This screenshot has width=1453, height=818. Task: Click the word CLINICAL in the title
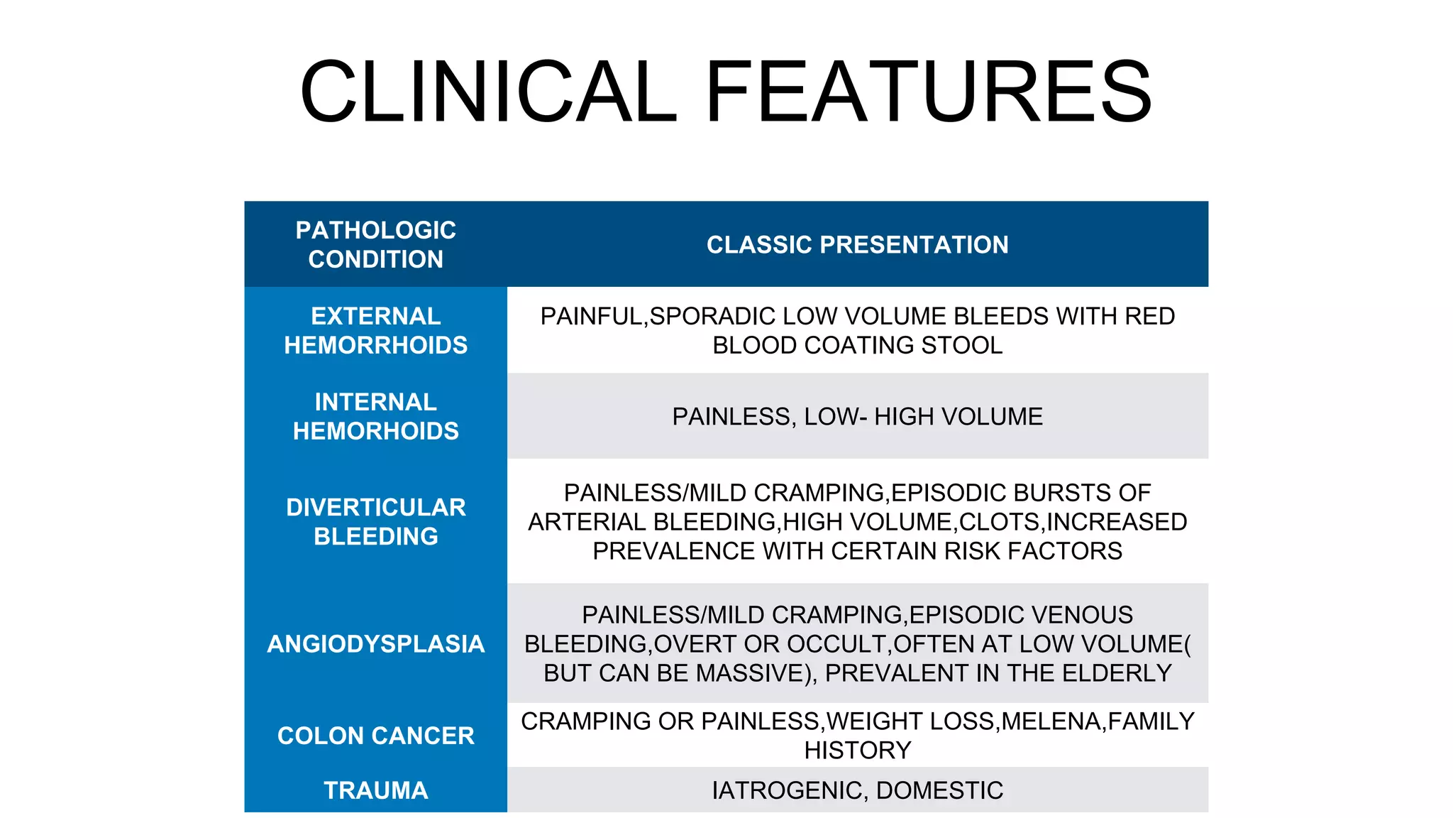click(x=488, y=92)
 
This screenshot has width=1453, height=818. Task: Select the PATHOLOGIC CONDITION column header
click(x=375, y=244)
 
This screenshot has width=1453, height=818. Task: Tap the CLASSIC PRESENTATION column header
click(x=857, y=244)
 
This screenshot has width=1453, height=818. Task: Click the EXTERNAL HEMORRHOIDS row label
click(x=375, y=330)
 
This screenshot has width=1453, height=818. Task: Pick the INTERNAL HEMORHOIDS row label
click(x=375, y=416)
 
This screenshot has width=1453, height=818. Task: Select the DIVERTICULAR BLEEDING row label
click(x=375, y=521)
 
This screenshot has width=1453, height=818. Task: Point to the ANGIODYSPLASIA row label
click(x=375, y=643)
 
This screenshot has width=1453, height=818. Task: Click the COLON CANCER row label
click(x=375, y=735)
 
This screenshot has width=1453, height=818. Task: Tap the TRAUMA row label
click(x=375, y=790)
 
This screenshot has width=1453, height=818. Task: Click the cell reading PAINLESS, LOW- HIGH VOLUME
click(x=857, y=416)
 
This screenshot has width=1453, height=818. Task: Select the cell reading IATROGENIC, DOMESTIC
click(x=857, y=790)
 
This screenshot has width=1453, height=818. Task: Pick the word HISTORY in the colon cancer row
click(x=857, y=750)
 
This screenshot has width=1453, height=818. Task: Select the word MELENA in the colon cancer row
click(x=1052, y=721)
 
